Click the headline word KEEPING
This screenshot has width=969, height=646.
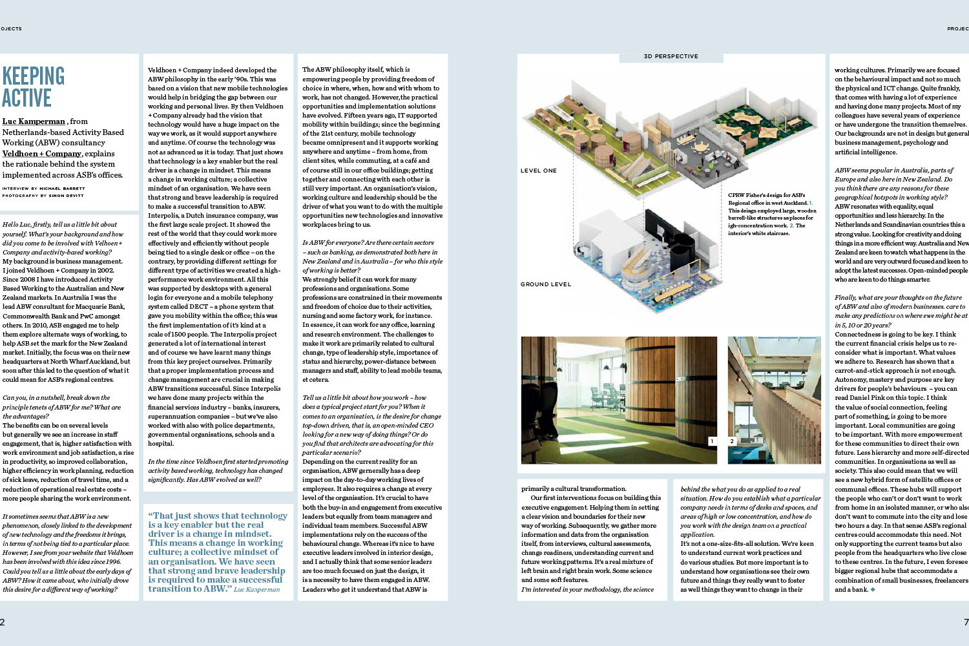[34, 76]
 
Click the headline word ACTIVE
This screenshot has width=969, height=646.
[26, 98]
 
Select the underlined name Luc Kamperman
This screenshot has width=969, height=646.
[34, 121]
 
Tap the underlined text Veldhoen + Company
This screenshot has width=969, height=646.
[42, 154]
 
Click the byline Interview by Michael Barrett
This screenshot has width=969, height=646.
[43, 189]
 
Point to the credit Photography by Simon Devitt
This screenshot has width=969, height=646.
[43, 195]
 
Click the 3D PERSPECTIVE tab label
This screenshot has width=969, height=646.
[671, 57]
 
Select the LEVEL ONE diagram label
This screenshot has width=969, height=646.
[538, 171]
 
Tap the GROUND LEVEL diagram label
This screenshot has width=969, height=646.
[545, 284]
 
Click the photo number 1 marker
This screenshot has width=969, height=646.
[712, 441]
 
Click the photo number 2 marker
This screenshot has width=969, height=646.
[732, 441]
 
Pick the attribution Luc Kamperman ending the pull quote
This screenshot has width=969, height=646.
[257, 589]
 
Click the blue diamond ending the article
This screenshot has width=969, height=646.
[873, 589]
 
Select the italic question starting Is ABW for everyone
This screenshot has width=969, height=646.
[370, 252]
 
